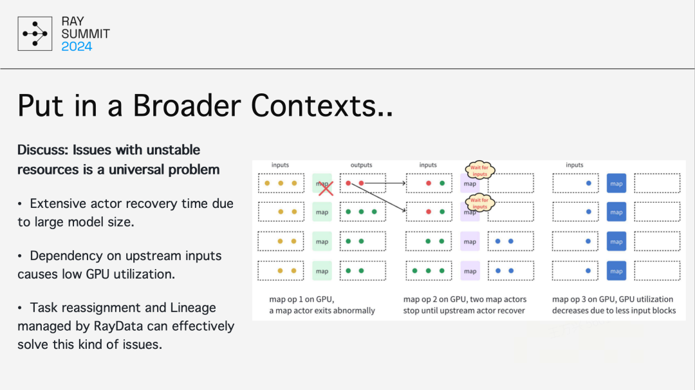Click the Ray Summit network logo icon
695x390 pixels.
coord(34,33)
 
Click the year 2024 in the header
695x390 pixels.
coord(77,46)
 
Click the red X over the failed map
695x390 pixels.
coord(326,187)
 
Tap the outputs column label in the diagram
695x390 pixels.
coord(361,165)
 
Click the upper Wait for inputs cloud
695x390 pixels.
coord(479,171)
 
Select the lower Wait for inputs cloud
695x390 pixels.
coord(479,203)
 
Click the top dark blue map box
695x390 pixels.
coord(616,183)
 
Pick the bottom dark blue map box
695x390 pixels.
coord(616,271)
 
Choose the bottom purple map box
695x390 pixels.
coord(470,271)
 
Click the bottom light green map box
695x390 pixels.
coord(322,271)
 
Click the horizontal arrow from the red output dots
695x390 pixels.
coord(385,183)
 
